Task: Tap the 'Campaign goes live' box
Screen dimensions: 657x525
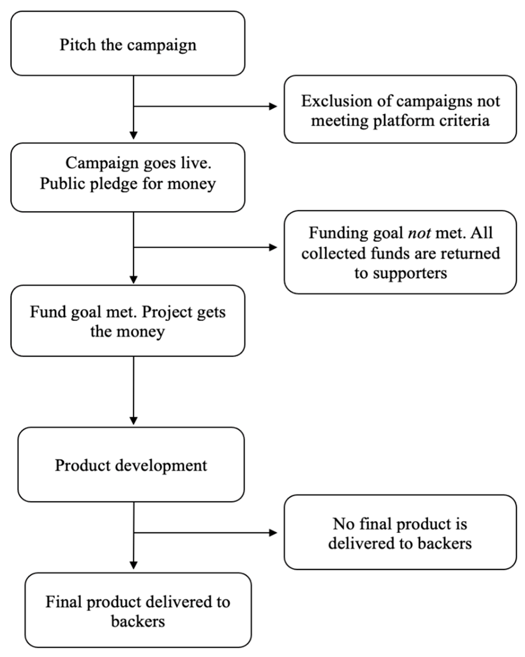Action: (x=128, y=177)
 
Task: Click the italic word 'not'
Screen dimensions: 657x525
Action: (x=419, y=233)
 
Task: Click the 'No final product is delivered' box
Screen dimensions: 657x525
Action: (x=400, y=533)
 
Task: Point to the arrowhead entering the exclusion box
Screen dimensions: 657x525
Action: (x=273, y=106)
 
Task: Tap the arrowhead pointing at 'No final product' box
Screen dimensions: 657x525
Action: (x=273, y=533)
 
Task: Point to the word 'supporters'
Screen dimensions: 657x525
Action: (x=410, y=273)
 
